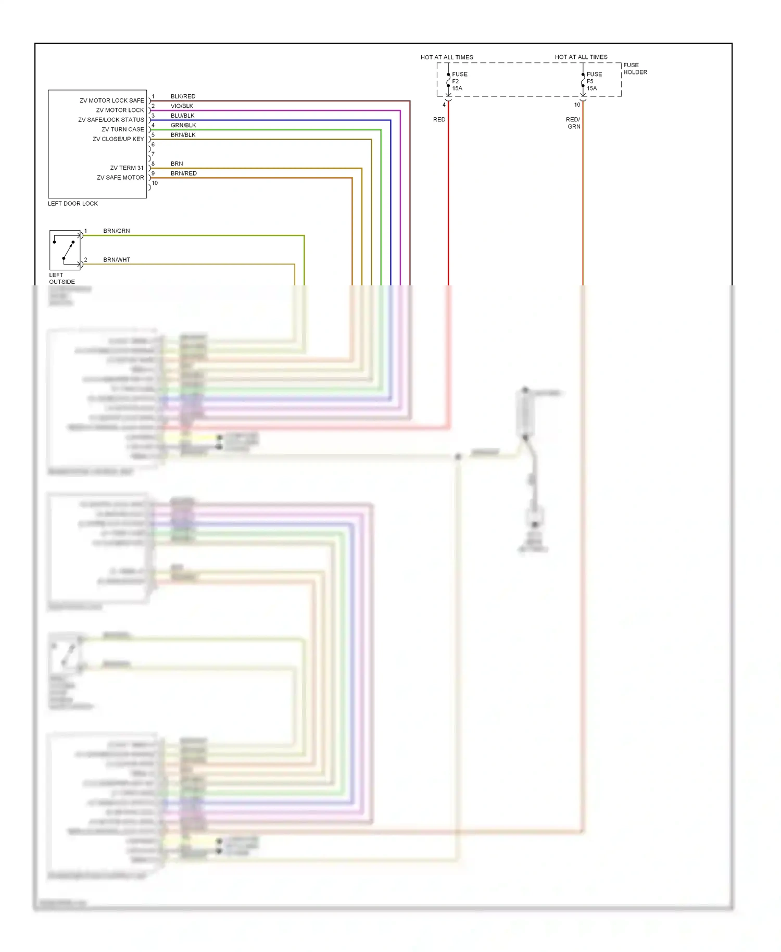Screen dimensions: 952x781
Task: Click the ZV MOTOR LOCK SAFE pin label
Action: click(x=111, y=101)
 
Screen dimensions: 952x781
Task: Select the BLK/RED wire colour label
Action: click(x=183, y=96)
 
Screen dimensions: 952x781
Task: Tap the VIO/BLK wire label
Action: click(x=182, y=106)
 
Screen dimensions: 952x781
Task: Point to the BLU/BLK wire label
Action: click(x=182, y=116)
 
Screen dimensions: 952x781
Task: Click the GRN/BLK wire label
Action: click(x=183, y=126)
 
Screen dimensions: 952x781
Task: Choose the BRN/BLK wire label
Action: click(x=183, y=135)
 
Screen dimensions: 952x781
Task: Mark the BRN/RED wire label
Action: click(x=183, y=173)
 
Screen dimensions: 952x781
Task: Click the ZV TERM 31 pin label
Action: click(x=127, y=168)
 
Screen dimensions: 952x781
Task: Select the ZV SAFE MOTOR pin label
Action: click(x=120, y=178)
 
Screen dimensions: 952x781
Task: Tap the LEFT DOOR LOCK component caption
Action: click(x=72, y=204)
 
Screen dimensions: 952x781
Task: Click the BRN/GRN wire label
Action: click(x=116, y=231)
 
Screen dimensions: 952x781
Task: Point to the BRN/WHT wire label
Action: click(x=117, y=260)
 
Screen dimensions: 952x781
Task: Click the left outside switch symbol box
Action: click(x=65, y=250)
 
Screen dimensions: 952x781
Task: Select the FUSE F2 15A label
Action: click(x=459, y=81)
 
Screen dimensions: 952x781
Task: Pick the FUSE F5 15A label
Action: click(x=594, y=81)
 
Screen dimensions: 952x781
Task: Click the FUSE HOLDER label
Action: click(x=635, y=69)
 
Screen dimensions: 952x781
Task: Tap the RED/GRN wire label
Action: click(x=573, y=123)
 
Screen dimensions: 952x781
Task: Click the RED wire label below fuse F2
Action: click(x=439, y=120)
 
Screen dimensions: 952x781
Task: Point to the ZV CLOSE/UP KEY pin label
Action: click(x=118, y=139)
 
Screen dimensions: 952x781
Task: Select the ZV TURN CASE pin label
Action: click(x=122, y=130)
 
